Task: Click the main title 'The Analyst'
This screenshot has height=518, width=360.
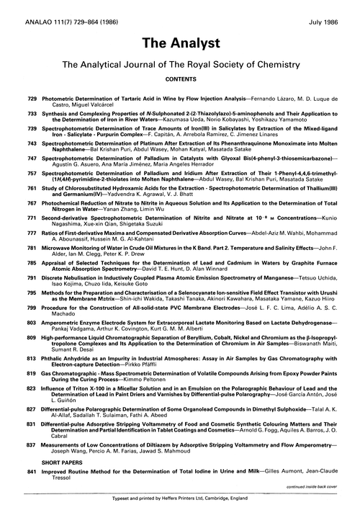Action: pos(179,36)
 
